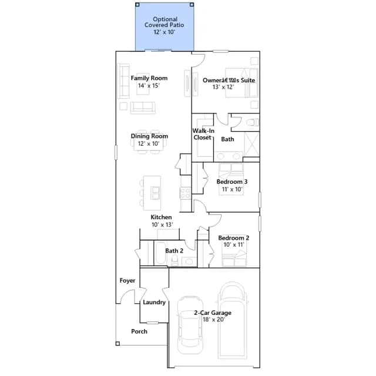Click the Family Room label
[149, 78]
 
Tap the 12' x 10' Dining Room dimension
[149, 143]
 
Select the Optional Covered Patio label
[164, 22]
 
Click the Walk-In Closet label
[203, 134]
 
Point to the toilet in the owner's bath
[252, 123]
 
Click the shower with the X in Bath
[251, 144]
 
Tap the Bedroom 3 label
[232, 182]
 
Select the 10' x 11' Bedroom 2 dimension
[234, 244]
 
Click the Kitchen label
[161, 217]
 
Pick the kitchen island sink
[155, 193]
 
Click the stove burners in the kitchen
[185, 193]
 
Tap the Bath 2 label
[174, 251]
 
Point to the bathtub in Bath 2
[160, 253]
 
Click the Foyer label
[127, 281]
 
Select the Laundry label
[154, 302]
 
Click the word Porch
[139, 331]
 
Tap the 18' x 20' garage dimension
[214, 320]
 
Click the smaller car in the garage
[190, 325]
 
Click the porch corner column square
[117, 344]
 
